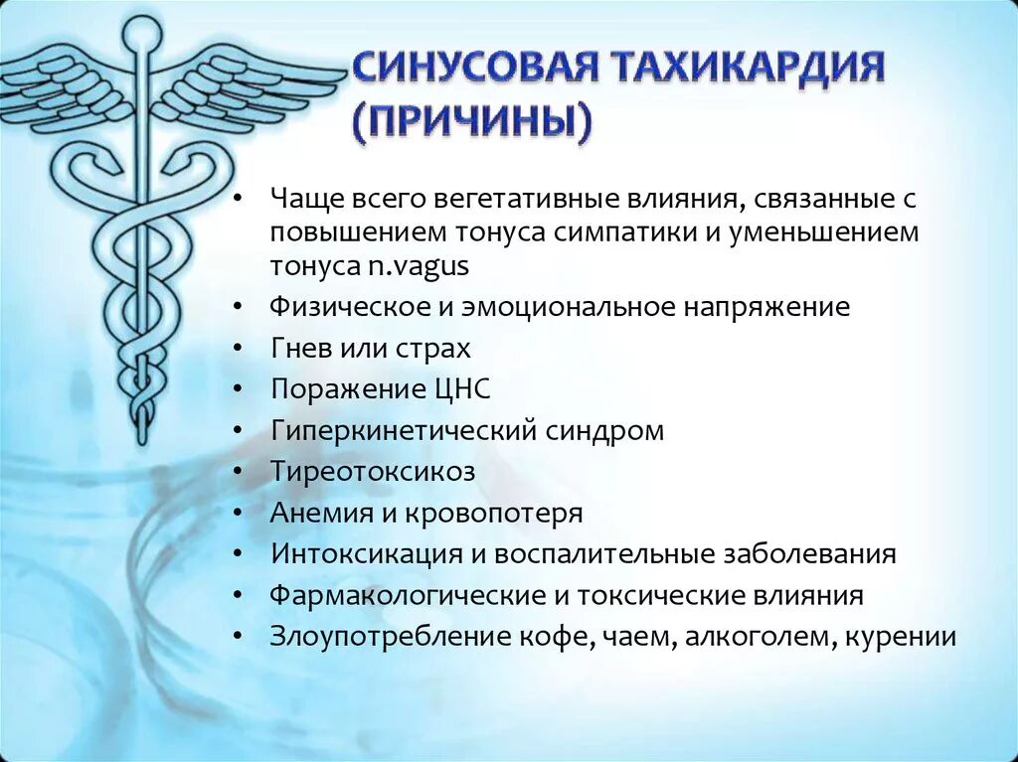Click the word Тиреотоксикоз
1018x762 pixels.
point(372,472)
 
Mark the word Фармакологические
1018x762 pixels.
point(406,596)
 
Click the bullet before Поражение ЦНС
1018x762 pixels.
point(239,390)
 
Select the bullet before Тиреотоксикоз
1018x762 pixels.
point(239,473)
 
